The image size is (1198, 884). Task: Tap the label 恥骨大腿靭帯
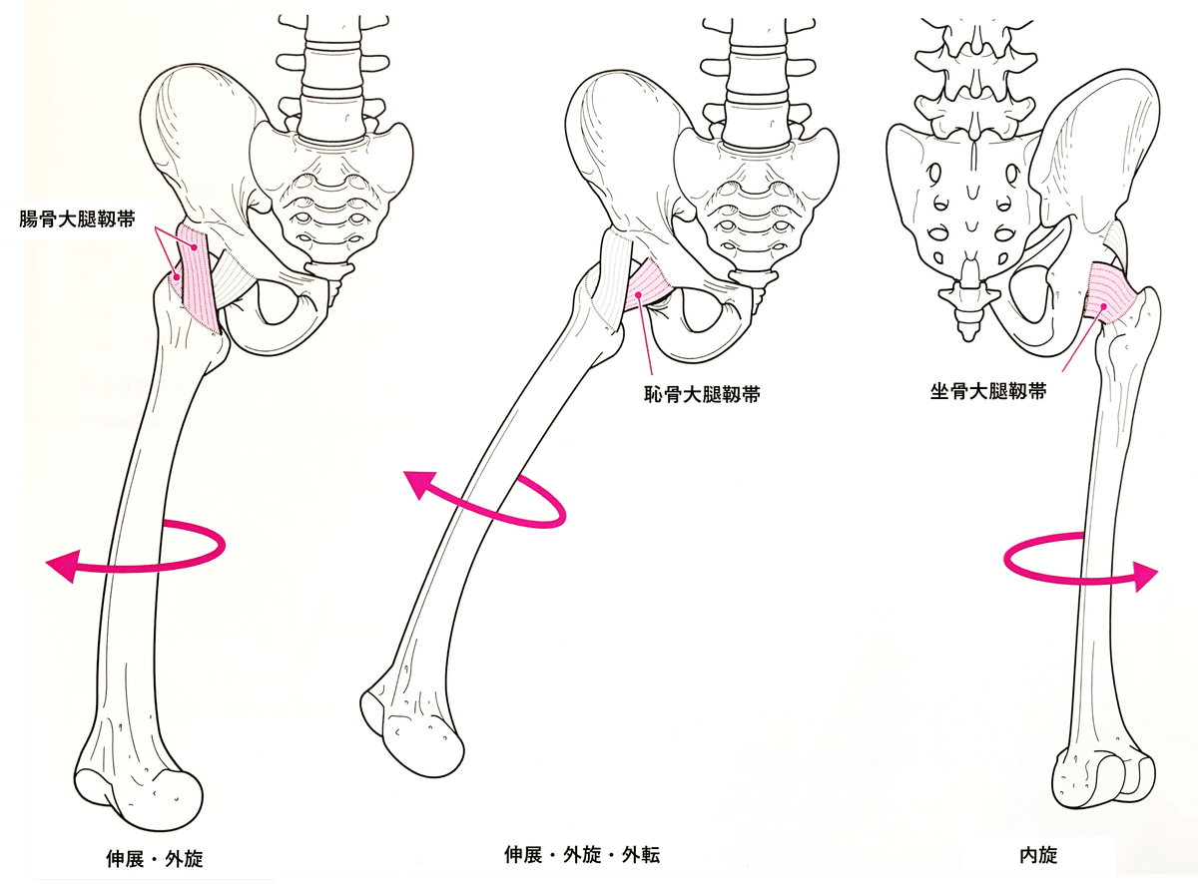tap(702, 394)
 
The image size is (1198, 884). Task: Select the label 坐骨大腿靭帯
tap(988, 392)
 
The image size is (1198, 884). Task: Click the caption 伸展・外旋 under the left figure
tap(154, 857)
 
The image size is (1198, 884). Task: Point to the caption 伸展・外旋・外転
tap(582, 854)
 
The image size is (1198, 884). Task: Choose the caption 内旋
tap(1038, 854)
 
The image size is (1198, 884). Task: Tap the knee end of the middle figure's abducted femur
tap(409, 733)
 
